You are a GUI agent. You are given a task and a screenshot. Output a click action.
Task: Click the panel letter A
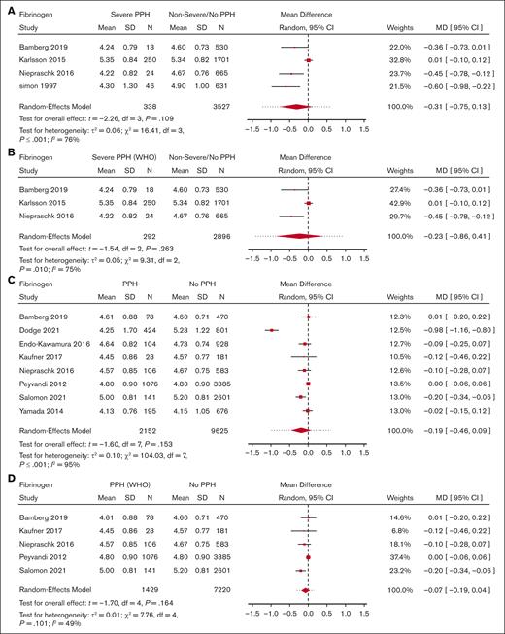tap(7, 7)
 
